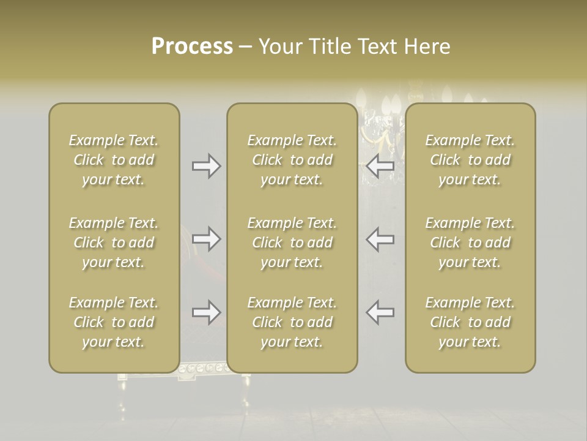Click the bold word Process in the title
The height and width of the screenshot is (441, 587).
pos(192,47)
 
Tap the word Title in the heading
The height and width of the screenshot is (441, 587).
pos(329,47)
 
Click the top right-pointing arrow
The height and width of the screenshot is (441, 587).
pos(206,166)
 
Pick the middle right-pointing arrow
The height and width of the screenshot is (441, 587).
pos(206,238)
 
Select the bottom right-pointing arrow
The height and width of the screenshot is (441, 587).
pos(206,312)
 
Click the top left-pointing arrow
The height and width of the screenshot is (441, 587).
pos(380,166)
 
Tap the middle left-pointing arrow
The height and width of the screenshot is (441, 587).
pos(380,238)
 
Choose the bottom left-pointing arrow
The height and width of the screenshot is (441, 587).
pos(380,312)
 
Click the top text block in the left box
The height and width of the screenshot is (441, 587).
pos(114,160)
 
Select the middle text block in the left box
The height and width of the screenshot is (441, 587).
pos(114,243)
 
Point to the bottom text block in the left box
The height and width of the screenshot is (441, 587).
pos(114,322)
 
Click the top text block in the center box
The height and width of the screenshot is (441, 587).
pos(292,160)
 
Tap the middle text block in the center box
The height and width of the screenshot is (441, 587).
pos(292,243)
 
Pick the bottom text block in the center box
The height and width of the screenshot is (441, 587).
pos(292,322)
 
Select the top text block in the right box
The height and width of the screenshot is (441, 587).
pos(470,160)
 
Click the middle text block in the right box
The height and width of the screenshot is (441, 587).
pos(470,243)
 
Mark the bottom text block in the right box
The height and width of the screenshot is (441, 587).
pos(470,322)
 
